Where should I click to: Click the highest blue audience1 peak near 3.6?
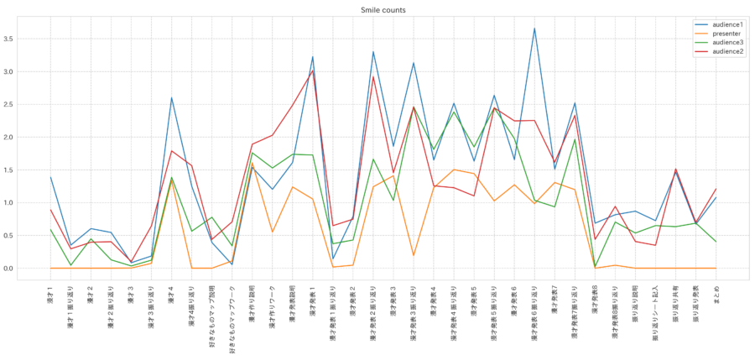(534, 29)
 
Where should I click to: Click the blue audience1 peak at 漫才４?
(171, 98)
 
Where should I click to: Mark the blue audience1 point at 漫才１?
(50, 177)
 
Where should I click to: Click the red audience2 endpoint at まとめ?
(716, 189)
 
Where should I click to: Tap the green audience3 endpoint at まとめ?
(716, 242)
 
